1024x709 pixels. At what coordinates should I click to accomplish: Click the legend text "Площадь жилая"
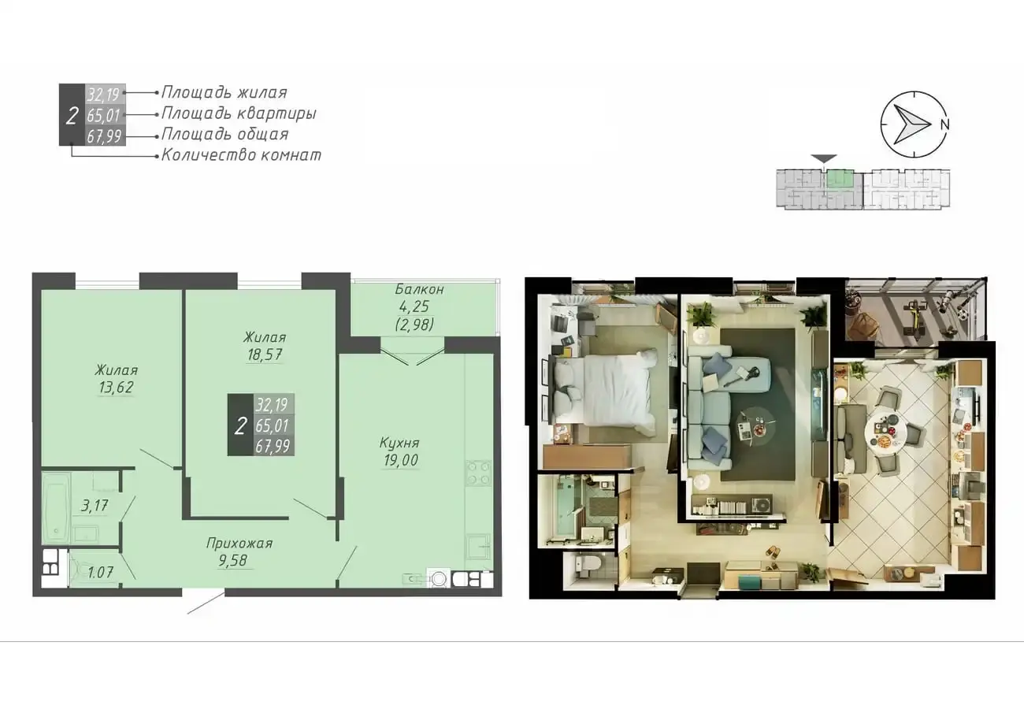point(224,93)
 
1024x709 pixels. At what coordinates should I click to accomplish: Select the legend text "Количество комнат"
point(241,155)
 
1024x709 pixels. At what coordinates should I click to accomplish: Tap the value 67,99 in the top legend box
point(104,136)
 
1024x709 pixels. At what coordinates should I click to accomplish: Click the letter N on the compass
point(945,124)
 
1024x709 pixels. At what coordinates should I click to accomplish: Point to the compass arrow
point(911,124)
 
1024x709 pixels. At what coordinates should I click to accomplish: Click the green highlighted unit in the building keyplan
point(840,179)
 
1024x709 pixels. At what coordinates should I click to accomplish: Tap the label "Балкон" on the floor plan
point(419,289)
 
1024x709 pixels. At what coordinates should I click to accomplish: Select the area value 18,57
point(265,354)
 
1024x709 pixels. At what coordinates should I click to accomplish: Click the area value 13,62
point(116,388)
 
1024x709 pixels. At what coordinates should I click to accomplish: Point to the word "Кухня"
point(399,443)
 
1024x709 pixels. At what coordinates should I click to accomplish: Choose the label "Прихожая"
point(239,544)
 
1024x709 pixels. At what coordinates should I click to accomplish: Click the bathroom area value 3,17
point(95,506)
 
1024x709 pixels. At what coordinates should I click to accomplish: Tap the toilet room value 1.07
point(100,572)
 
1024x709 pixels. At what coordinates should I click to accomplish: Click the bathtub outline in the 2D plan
point(57,508)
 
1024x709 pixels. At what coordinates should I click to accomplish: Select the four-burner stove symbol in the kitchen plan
point(479,473)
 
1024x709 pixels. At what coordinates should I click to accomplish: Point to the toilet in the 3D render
point(583,566)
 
